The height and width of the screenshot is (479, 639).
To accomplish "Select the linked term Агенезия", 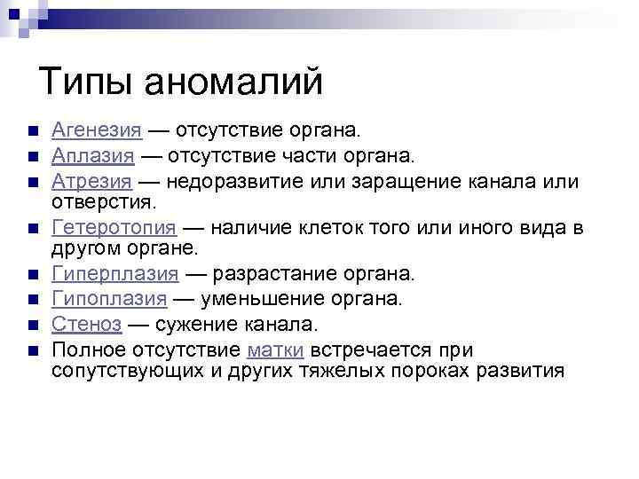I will point(97,131).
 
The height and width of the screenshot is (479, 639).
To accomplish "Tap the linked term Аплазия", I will point(93,157).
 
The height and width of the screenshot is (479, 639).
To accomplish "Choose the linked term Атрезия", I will point(92,182).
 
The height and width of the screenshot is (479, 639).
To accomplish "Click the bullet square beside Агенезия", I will point(32,132).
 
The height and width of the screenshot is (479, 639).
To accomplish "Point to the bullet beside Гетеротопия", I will point(32,228).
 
